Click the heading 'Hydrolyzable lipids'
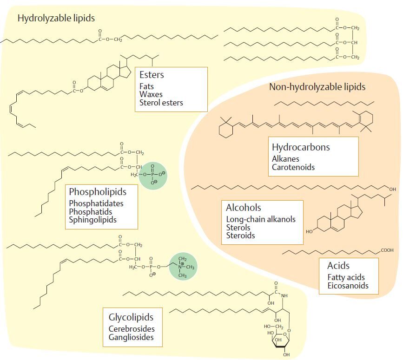(56, 18)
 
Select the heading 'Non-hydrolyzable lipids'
(317, 87)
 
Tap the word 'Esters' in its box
(152, 75)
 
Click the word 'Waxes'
(151, 94)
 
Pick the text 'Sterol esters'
(161, 103)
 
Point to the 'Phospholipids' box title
(98, 191)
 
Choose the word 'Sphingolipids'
(92, 220)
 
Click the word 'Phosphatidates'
(96, 203)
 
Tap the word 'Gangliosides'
(131, 337)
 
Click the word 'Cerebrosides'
(132, 329)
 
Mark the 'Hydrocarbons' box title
(301, 147)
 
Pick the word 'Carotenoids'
(293, 167)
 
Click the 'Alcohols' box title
(243, 208)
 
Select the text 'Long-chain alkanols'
(261, 219)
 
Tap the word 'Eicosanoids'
(348, 286)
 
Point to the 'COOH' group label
(387, 250)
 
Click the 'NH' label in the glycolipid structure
(284, 295)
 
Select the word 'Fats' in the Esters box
(146, 86)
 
